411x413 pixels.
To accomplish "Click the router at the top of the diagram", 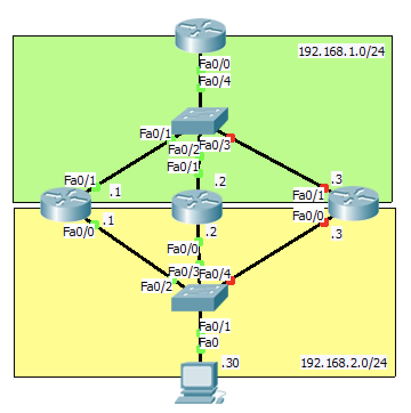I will [200, 36].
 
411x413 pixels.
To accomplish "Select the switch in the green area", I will [200, 122].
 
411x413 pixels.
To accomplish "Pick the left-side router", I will [66, 205].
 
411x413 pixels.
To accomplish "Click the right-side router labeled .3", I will [353, 205].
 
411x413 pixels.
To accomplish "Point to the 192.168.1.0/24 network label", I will [341, 52].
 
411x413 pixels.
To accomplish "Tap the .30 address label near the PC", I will [229, 363].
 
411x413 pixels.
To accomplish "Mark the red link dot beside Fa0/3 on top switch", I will [232, 137].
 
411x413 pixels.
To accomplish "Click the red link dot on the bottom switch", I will [232, 280].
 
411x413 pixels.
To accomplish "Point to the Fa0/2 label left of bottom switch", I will [155, 286].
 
